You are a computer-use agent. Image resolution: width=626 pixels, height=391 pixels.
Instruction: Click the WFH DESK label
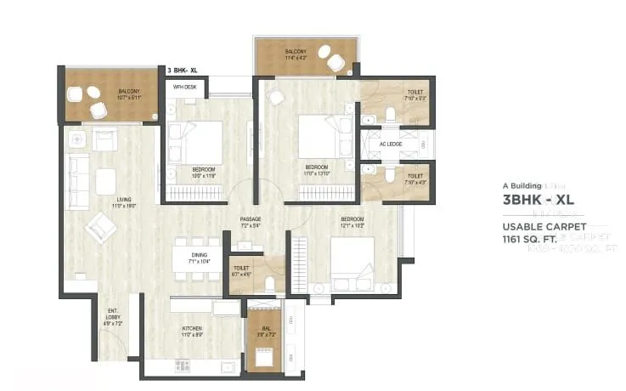click(185, 87)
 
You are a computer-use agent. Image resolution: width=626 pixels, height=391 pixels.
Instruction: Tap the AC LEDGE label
click(391, 144)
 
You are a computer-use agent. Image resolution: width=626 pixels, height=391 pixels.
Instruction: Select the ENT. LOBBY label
click(113, 314)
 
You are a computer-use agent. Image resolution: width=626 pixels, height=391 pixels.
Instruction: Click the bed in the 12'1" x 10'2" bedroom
click(352, 258)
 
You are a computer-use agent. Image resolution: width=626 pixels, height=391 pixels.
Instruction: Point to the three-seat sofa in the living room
click(78, 181)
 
